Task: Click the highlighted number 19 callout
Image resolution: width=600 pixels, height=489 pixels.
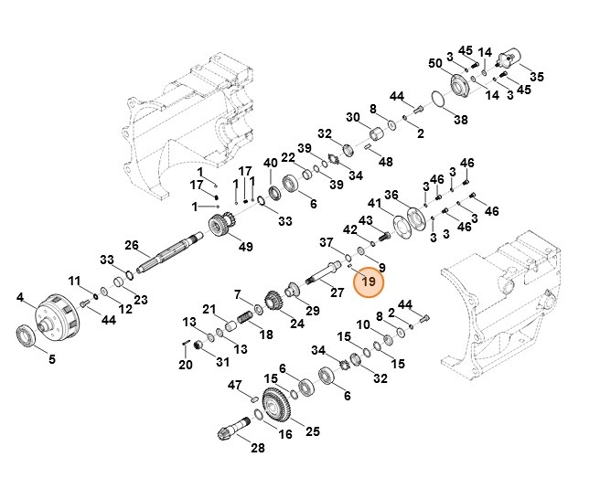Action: click(x=369, y=282)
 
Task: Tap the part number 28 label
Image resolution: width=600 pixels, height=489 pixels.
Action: click(x=257, y=447)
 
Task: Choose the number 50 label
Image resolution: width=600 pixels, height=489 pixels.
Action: click(x=434, y=62)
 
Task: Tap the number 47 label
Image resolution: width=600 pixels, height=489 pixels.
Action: click(x=234, y=385)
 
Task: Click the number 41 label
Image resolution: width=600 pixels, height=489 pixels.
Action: click(x=374, y=202)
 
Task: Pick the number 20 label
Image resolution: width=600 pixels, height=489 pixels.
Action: click(x=186, y=365)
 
